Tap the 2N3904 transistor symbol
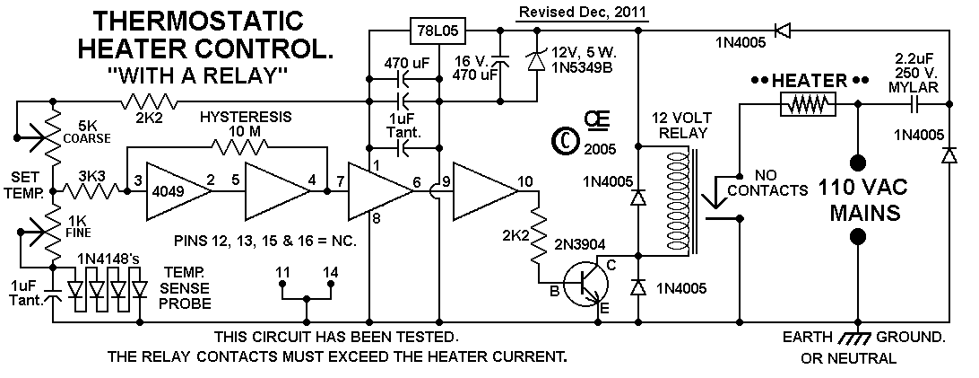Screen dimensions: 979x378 [x=585, y=284]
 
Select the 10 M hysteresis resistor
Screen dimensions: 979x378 [x=239, y=147]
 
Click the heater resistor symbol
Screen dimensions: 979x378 [x=807, y=104]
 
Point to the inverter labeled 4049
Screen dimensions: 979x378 [x=178, y=192]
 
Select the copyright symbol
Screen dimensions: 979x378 [x=565, y=141]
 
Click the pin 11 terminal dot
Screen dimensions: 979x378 [x=282, y=284]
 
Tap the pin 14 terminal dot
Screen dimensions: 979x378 [x=331, y=284]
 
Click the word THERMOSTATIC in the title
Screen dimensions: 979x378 [x=198, y=22]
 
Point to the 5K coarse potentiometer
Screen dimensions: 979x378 [x=48, y=134]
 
